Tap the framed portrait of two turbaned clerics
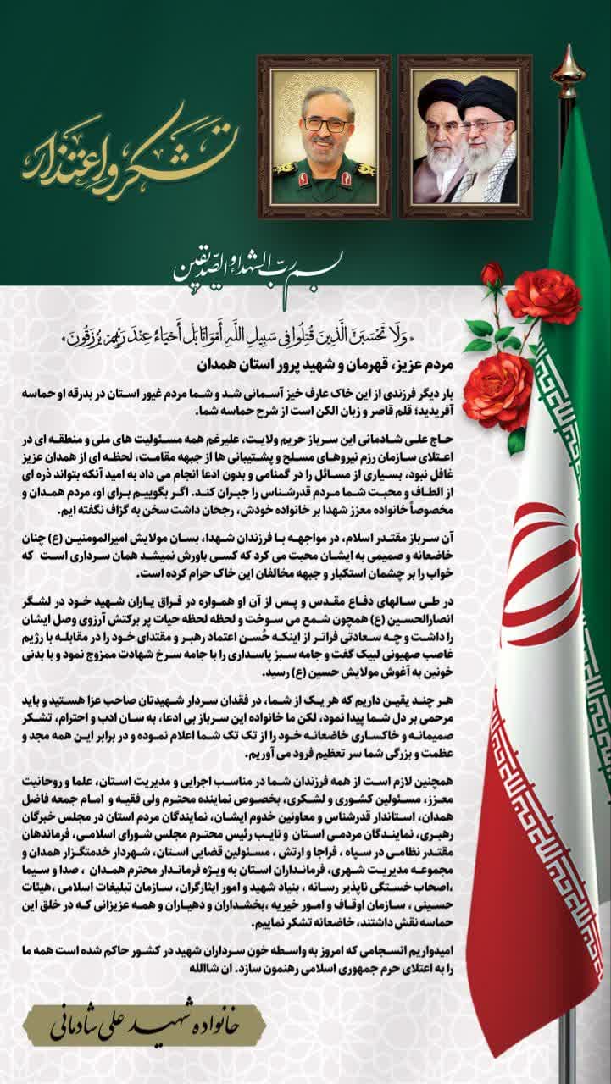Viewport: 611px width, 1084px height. point(465,136)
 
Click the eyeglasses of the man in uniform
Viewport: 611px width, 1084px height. point(325,124)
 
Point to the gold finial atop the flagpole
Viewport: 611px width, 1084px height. point(568,73)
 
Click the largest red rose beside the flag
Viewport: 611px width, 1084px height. point(498,390)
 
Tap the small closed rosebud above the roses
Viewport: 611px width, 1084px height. point(492,274)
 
